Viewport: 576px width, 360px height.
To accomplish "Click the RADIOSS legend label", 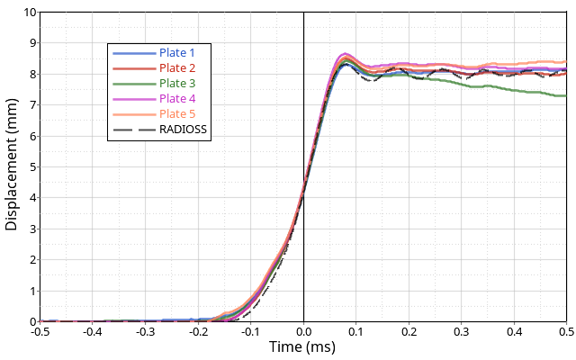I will pos(184,129).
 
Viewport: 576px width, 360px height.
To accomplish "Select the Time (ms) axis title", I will pos(302,346).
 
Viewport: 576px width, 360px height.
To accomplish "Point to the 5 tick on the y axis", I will pos(34,167).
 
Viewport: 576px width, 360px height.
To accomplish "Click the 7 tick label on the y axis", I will pos(34,105).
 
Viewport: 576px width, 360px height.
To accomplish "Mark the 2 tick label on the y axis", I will pos(34,260).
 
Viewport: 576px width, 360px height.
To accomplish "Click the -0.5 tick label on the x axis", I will pos(40,332).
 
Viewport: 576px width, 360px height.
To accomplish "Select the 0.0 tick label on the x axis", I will pos(303,332).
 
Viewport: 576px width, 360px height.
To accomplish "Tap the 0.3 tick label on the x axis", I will pos(462,332).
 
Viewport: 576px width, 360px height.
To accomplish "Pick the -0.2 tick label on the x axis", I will pos(198,332).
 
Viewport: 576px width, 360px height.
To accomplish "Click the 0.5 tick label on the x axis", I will pos(565,332).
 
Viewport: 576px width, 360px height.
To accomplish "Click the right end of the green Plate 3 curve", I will pos(565,95).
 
